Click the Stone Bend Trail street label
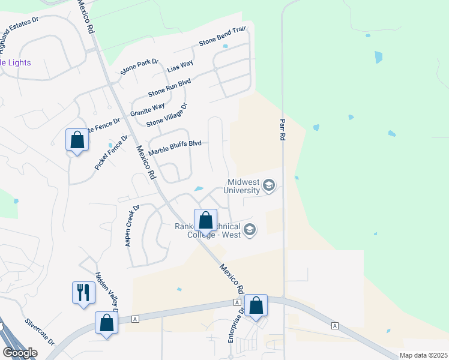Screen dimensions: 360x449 pyautogui.click(x=223, y=38)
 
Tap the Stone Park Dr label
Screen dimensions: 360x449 pyautogui.click(x=139, y=67)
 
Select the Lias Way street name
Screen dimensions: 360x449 pyautogui.click(x=179, y=67)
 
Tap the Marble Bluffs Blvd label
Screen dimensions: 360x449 pyautogui.click(x=175, y=147)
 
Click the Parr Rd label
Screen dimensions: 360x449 pyautogui.click(x=282, y=130)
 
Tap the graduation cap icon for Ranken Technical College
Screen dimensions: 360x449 pyautogui.click(x=250, y=230)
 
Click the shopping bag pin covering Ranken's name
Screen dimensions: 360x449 pyautogui.click(x=206, y=220)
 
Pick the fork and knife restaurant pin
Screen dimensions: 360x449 pyautogui.click(x=83, y=293)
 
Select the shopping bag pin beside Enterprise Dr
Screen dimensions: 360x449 pyautogui.click(x=256, y=305)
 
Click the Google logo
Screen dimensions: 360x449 pyautogui.click(x=20, y=353)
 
